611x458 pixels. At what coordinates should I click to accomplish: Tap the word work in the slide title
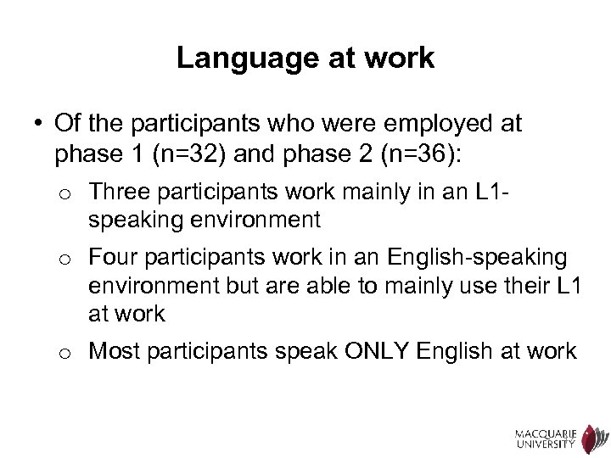click(403, 59)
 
